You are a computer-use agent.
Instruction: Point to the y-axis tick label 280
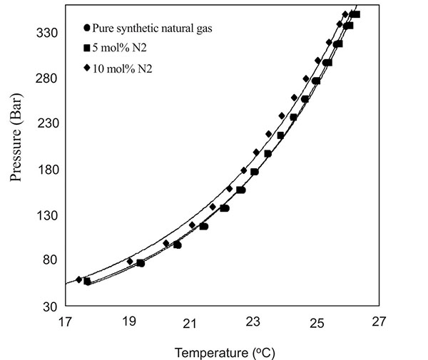click(x=47, y=78)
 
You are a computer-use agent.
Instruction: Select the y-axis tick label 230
click(x=47, y=123)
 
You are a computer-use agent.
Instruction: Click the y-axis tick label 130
click(x=47, y=215)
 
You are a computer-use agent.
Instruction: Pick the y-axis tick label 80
click(x=50, y=261)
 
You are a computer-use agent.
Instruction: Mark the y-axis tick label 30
click(x=50, y=307)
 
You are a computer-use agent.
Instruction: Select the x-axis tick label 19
click(x=128, y=322)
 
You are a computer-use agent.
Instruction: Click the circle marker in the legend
click(x=87, y=29)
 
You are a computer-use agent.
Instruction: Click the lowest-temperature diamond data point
click(x=79, y=279)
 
